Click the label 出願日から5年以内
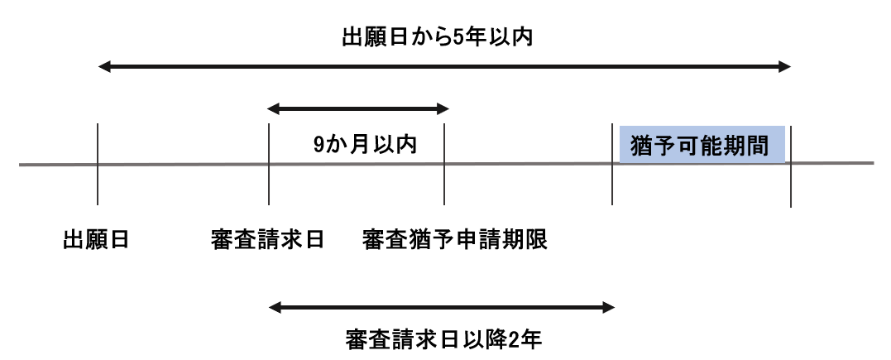coord(437,38)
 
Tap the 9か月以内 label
coord(365,145)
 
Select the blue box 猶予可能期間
coord(702,145)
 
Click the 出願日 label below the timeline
coord(96,239)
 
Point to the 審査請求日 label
coord(267,239)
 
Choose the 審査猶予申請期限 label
coord(454,239)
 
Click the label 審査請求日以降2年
coord(443,340)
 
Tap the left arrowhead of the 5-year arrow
coord(104,67)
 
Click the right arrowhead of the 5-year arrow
coord(785,67)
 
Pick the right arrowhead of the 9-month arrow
coord(443,108)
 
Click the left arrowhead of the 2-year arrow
coord(275,308)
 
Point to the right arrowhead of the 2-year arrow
coord(609,308)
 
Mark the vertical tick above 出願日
coord(98,164)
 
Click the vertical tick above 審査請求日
coord(269,164)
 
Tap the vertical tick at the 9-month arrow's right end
coord(443,164)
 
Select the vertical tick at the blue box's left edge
coord(612,164)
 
